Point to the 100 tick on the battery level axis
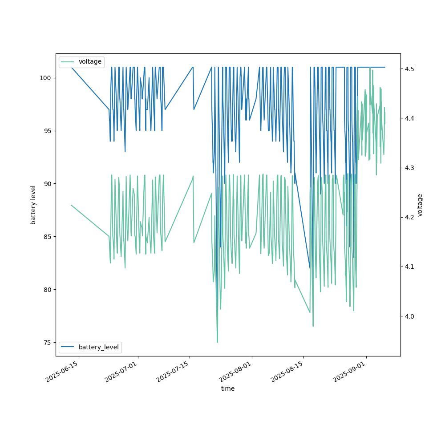pyautogui.click(x=46, y=78)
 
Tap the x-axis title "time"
pyautogui.click(x=228, y=388)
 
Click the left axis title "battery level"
pyautogui.click(x=33, y=205)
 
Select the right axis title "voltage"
pyautogui.click(x=420, y=205)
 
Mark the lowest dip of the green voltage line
pyautogui.click(x=217, y=342)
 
